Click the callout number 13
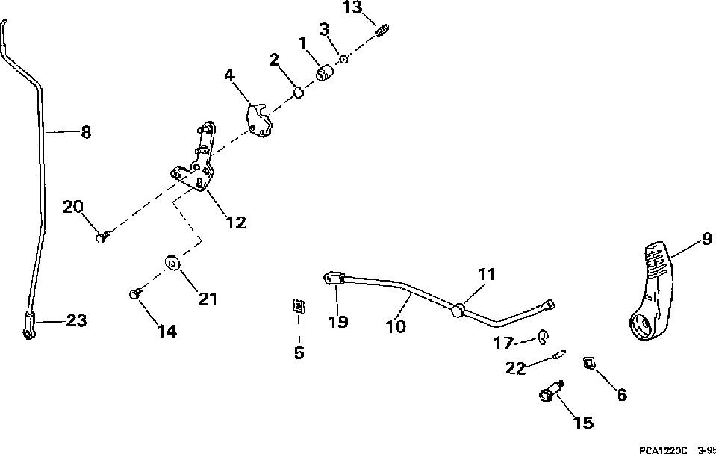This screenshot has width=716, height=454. click(x=352, y=7)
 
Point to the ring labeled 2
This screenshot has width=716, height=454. click(x=297, y=93)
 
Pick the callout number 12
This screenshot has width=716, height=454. click(x=236, y=222)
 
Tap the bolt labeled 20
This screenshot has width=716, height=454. click(x=103, y=237)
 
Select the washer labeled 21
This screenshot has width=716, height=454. click(x=171, y=264)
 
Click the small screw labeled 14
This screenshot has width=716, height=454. click(x=135, y=294)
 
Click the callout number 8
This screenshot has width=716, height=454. click(x=86, y=133)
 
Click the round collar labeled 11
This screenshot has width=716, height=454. click(x=458, y=308)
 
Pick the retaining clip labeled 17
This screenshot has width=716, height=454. click(x=542, y=340)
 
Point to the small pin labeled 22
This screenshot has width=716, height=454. click(x=558, y=358)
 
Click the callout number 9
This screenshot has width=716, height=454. click(x=706, y=239)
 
